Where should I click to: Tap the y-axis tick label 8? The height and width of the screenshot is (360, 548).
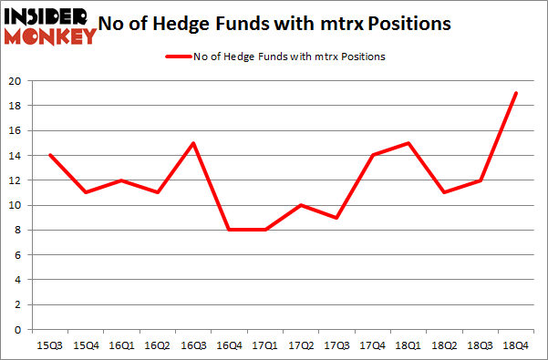pyautogui.click(x=16, y=231)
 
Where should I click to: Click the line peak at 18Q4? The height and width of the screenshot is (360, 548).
pyautogui.click(x=514, y=93)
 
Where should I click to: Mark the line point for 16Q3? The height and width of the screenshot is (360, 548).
pyautogui.click(x=192, y=143)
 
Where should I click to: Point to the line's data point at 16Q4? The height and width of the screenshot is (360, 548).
pyautogui.click(x=228, y=230)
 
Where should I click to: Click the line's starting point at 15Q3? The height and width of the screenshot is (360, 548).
pyautogui.click(x=49, y=156)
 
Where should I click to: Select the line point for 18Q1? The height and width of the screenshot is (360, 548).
pyautogui.click(x=407, y=143)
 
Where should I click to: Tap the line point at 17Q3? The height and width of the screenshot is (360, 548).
pyautogui.click(x=336, y=218)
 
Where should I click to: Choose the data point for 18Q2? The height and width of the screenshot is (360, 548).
pyautogui.click(x=443, y=192)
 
